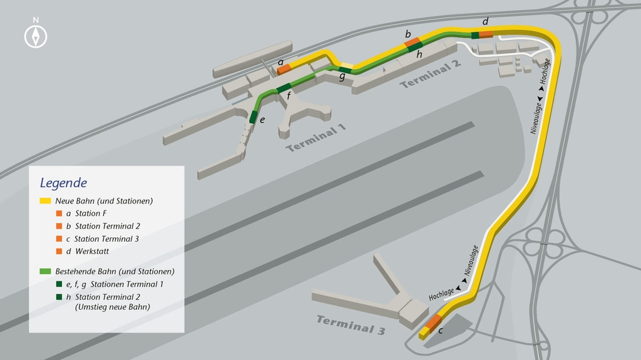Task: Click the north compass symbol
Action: [x=36, y=36]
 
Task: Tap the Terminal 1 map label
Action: [x=315, y=138]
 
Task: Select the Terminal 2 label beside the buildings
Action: [x=430, y=74]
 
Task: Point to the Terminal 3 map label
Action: [x=351, y=325]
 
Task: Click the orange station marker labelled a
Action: [x=284, y=69]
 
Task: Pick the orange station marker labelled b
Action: [x=413, y=42]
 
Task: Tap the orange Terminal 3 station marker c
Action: [x=433, y=321]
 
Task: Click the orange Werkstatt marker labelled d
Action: [x=486, y=34]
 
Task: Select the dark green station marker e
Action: [x=253, y=117]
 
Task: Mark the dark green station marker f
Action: [x=284, y=88]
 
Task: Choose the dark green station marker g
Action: [x=345, y=70]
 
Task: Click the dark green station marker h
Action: [x=416, y=46]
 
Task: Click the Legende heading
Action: [x=63, y=183]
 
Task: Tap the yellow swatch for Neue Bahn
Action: [x=45, y=201]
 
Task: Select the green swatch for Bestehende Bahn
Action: [x=45, y=271]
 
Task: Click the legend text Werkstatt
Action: [x=92, y=251]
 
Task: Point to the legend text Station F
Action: [x=91, y=213]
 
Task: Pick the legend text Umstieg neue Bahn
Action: [x=113, y=307]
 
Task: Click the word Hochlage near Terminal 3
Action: [x=441, y=294]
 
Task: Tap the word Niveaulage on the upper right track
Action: [x=536, y=118]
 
